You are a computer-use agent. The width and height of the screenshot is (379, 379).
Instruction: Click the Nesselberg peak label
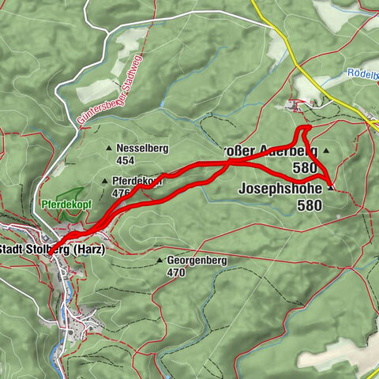(x=137, y=148)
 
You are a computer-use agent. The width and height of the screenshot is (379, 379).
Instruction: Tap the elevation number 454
(x=126, y=159)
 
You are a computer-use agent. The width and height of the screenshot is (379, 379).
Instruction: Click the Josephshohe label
(x=280, y=189)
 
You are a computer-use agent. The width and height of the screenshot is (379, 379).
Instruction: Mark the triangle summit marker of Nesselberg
(x=109, y=148)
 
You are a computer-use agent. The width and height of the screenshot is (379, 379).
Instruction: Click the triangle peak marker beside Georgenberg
(x=159, y=260)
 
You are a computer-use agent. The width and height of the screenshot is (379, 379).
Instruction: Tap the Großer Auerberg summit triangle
(x=325, y=148)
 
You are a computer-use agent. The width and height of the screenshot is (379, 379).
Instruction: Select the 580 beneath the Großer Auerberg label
(x=303, y=167)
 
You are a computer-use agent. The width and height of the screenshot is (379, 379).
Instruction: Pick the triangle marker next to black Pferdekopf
(x=104, y=181)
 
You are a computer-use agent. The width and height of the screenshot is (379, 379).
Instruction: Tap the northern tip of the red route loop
(x=306, y=126)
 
